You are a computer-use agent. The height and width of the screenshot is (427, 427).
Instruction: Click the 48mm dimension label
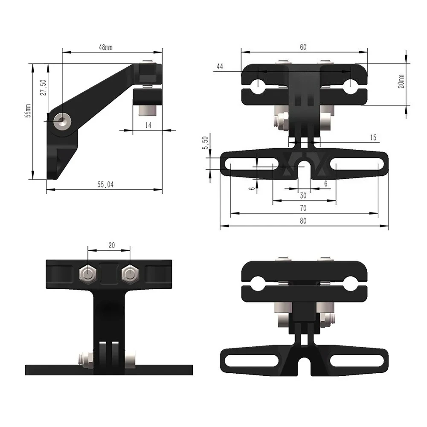pos(105,48)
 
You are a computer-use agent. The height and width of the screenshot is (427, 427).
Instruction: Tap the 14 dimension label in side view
pos(148,125)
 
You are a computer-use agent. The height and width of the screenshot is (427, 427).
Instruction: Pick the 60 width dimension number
pos(303,47)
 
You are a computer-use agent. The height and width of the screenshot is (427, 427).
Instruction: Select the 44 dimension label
pos(220,67)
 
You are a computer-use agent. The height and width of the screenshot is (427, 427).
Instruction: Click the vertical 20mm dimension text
pos(401,81)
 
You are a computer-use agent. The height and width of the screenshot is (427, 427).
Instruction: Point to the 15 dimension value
pos(373,137)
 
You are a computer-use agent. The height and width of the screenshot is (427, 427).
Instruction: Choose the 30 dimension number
pos(303,195)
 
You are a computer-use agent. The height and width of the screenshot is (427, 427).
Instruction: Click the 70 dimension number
pos(303,208)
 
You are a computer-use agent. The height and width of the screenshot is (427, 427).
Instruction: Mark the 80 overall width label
pos(303,221)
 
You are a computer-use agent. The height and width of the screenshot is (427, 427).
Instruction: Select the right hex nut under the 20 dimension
pos(128,274)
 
